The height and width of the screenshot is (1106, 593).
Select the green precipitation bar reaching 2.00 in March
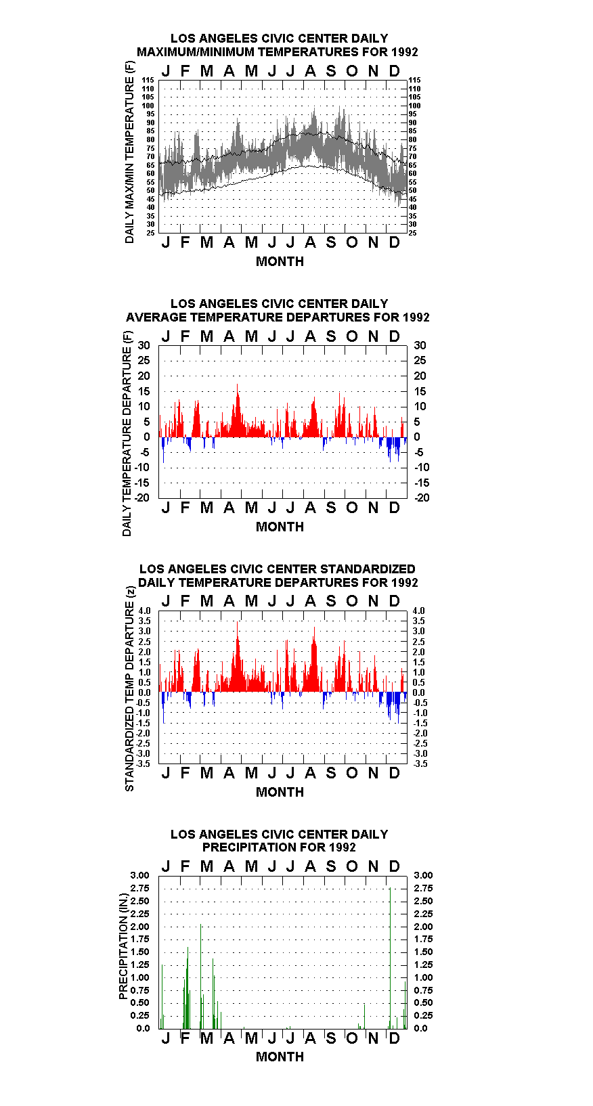pos(201,977)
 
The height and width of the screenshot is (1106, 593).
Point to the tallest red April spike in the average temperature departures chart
pos(238,410)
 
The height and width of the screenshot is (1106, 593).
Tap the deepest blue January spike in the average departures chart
pos(163,450)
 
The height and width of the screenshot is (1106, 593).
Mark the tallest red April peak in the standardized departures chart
pos(238,656)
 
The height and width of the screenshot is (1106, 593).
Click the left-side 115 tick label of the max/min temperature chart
pos(148,80)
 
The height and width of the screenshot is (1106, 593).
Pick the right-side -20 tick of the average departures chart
pos(422,497)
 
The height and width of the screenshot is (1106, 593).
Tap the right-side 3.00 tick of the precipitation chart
pos(423,875)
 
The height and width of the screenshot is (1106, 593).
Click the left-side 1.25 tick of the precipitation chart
pos(139,965)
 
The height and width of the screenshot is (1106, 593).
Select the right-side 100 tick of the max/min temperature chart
pos(414,106)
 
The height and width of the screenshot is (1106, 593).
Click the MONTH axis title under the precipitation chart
pos(280,1057)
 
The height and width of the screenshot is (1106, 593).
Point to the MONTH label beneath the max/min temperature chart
pos(280,261)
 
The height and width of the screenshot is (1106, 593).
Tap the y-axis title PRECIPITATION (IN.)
pos(123,947)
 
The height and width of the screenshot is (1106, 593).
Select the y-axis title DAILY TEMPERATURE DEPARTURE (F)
pos(127,434)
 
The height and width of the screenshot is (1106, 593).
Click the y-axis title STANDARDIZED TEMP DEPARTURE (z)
pos(129,689)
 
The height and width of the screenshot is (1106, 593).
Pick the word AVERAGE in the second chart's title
pos(156,317)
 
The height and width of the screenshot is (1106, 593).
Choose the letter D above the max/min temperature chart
pos(394,71)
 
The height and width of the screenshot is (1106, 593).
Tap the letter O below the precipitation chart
pos(351,1038)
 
